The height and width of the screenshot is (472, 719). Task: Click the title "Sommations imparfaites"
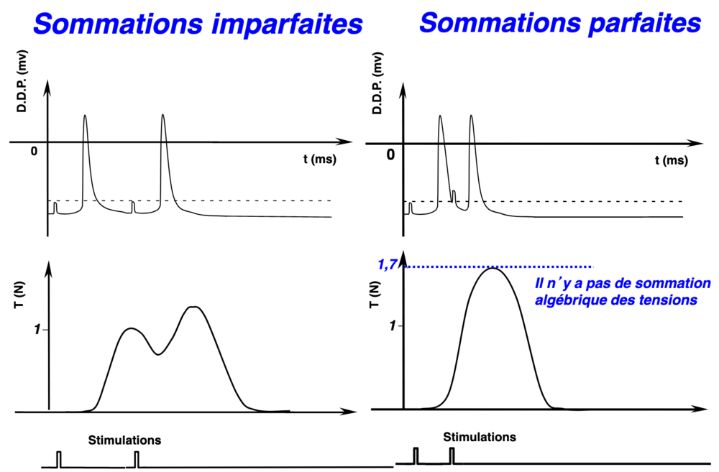[198, 24]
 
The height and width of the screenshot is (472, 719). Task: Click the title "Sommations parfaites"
[560, 23]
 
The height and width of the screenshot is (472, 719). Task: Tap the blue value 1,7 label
[387, 266]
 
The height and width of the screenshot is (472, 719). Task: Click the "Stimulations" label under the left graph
[124, 439]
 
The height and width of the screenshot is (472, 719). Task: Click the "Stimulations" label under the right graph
[480, 436]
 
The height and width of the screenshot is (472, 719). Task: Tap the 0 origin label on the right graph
[390, 154]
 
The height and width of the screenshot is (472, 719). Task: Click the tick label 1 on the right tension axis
[392, 325]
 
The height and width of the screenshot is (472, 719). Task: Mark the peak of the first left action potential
[86, 116]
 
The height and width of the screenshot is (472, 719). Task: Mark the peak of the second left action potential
[163, 116]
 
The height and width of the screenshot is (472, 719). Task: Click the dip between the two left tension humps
[158, 353]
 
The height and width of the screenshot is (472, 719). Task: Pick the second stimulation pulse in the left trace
[137, 458]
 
